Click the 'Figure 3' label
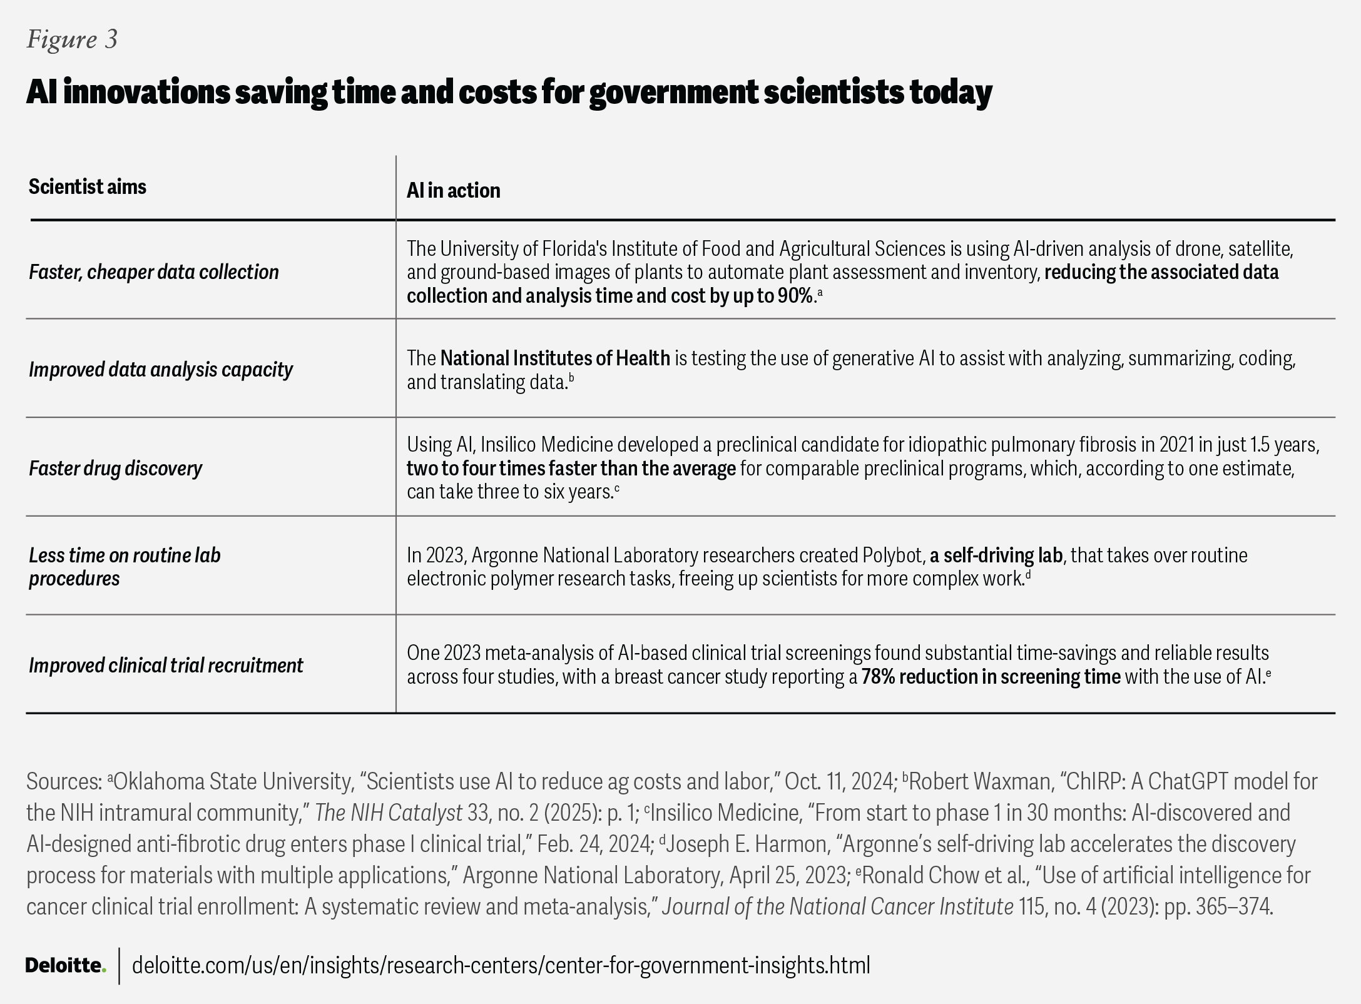click(72, 39)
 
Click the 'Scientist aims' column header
click(87, 186)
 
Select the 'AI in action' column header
click(453, 190)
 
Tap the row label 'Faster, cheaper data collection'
click(153, 272)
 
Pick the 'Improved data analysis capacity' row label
click(160, 370)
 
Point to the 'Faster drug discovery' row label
click(115, 469)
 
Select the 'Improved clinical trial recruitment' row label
click(165, 666)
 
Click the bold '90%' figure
click(795, 296)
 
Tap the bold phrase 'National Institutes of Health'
click(554, 358)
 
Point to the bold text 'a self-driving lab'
click(996, 555)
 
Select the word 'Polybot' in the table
click(891, 555)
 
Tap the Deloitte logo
click(65, 965)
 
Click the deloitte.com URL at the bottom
click(501, 965)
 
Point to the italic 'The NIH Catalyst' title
click(388, 813)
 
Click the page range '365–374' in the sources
click(1231, 906)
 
